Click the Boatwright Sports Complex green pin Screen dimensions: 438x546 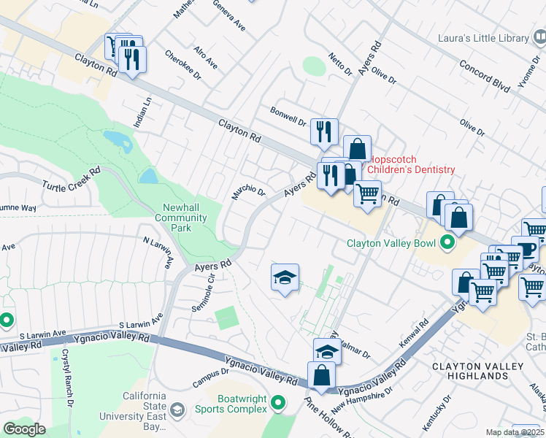point(278,403)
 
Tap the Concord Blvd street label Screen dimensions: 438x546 point(484,75)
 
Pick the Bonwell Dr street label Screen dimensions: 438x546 point(288,117)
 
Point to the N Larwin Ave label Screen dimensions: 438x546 point(158,250)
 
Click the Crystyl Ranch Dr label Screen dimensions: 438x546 point(66,387)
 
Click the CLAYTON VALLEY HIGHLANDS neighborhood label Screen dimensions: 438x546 point(480,371)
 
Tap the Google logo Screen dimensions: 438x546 point(25,429)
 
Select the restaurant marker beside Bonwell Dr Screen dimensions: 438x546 point(324,132)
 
